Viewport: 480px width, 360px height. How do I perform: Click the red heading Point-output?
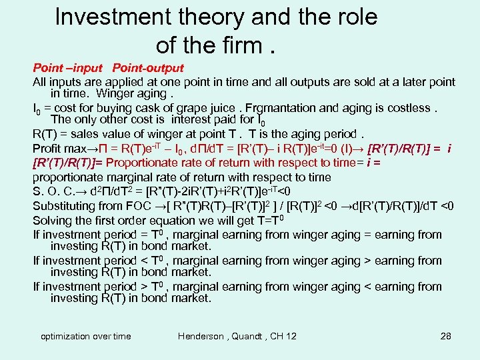point(148,68)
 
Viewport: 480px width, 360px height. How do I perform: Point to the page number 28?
point(446,336)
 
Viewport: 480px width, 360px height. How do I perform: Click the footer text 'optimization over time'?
point(86,336)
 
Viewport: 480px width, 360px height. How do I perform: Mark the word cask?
point(151,108)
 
